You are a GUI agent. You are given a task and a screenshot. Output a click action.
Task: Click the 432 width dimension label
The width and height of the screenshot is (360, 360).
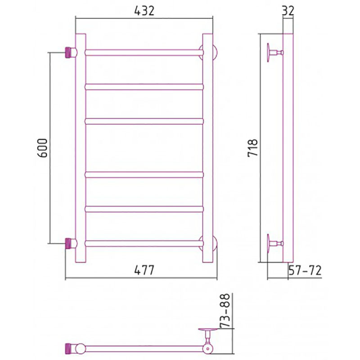point(144,11)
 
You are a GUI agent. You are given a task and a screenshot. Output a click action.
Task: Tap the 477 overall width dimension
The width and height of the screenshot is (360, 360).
point(144,270)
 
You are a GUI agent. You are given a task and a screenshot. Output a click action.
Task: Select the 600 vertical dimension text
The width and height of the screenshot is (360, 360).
point(42,148)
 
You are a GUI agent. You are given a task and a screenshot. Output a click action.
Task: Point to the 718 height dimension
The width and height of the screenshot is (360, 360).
point(253,148)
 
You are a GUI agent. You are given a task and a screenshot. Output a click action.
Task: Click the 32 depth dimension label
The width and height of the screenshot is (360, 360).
point(288,11)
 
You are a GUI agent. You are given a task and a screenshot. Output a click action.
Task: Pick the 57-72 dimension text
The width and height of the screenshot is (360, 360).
point(305,270)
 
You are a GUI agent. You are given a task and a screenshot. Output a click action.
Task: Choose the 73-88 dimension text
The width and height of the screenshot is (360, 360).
point(225,310)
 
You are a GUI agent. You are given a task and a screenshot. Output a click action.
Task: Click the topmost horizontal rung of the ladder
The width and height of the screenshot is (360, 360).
point(144,53)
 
